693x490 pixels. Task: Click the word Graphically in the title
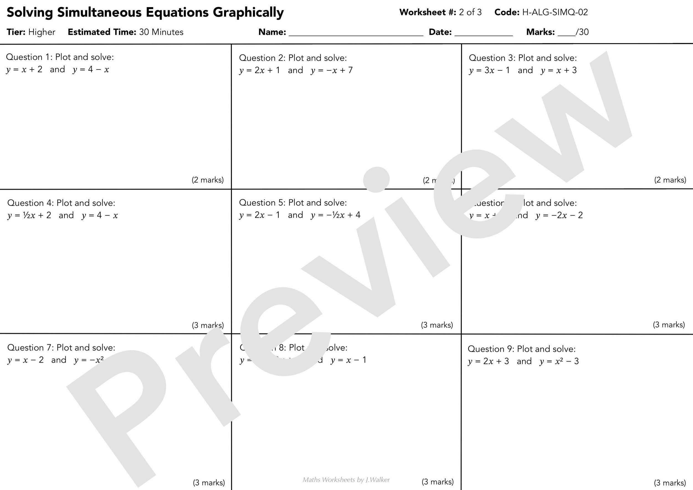[248, 13]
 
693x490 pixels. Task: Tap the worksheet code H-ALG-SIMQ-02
[555, 12]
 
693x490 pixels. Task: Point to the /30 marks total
[582, 32]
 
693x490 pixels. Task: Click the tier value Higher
[42, 32]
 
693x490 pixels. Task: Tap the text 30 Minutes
[161, 32]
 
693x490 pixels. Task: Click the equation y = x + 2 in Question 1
[24, 70]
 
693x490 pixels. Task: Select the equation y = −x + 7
[332, 71]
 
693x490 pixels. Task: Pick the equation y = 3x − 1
[489, 71]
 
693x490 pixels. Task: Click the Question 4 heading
[61, 203]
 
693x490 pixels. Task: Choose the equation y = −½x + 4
[335, 215]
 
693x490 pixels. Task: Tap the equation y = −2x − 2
[559, 216]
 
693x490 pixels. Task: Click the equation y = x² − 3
[559, 361]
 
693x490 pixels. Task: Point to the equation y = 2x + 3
[488, 361]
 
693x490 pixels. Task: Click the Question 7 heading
[61, 348]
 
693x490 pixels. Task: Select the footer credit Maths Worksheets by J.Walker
[346, 480]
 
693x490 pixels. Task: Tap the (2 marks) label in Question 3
[670, 180]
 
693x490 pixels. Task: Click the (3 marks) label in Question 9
[670, 483]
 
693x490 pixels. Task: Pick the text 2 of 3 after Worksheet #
[470, 12]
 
